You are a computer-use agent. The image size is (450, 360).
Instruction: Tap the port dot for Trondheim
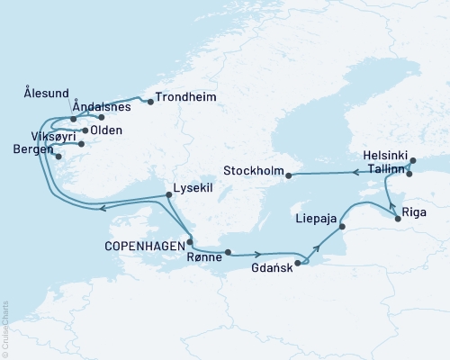(150, 102)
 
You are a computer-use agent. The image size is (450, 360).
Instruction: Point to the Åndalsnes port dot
(102, 117)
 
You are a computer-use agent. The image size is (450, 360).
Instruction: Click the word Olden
(107, 130)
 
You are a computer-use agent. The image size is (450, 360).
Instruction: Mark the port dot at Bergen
(59, 157)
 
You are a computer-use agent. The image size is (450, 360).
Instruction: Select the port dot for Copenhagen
(189, 241)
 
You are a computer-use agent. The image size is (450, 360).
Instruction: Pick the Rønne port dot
(228, 253)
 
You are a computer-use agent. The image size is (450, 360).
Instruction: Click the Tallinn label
(382, 167)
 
